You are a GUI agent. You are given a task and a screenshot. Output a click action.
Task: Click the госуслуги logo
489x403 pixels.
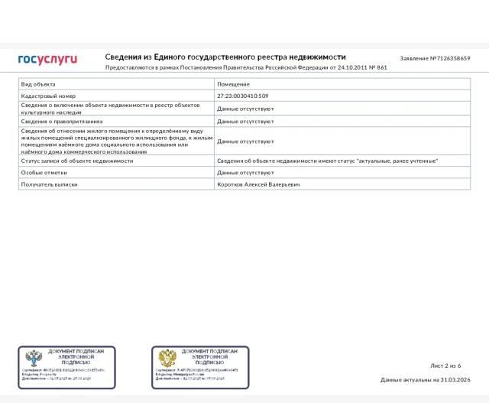pyautogui.click(x=47, y=59)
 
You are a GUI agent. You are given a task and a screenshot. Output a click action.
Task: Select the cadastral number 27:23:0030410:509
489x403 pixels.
pyautogui.click(x=243, y=96)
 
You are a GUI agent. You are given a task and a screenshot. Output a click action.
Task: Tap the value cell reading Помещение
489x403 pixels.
pyautogui.click(x=233, y=84)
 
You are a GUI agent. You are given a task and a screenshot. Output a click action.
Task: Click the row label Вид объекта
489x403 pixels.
pyautogui.click(x=38, y=84)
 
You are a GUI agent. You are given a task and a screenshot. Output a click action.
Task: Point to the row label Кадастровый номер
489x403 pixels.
pyautogui.click(x=49, y=96)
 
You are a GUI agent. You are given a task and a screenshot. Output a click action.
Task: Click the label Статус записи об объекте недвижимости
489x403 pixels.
pyautogui.click(x=77, y=161)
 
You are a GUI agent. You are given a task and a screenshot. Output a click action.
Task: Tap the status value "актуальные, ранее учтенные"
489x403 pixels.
pyautogui.click(x=397, y=161)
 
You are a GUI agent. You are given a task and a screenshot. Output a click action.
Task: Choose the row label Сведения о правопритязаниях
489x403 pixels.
pyautogui.click(x=62, y=122)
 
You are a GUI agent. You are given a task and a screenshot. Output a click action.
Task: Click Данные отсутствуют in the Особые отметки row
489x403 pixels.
pyautogui.click(x=246, y=173)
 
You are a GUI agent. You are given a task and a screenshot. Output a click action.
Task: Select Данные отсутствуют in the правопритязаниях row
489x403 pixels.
pyautogui.click(x=246, y=122)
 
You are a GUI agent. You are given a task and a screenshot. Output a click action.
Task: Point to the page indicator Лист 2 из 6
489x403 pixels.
pyautogui.click(x=446, y=366)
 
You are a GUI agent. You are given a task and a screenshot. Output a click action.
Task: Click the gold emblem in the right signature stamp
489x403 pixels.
pyautogui.click(x=167, y=359)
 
